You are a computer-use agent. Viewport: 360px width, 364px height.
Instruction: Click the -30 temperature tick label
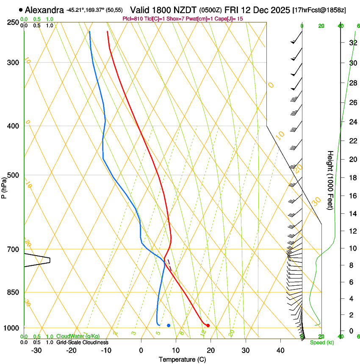(36, 350)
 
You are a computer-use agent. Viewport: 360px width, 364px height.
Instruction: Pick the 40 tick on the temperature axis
(280, 350)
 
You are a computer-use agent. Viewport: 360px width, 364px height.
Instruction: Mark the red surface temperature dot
(208, 325)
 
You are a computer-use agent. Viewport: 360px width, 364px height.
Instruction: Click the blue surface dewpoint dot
(169, 325)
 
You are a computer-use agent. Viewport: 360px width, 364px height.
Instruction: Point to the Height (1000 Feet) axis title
(330, 180)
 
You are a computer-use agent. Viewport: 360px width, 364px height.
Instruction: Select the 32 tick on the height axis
(352, 42)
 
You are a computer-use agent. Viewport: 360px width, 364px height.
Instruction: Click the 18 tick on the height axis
(352, 177)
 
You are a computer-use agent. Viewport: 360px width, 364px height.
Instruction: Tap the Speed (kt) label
(321, 342)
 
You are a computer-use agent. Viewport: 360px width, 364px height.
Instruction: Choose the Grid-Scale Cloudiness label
(82, 342)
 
